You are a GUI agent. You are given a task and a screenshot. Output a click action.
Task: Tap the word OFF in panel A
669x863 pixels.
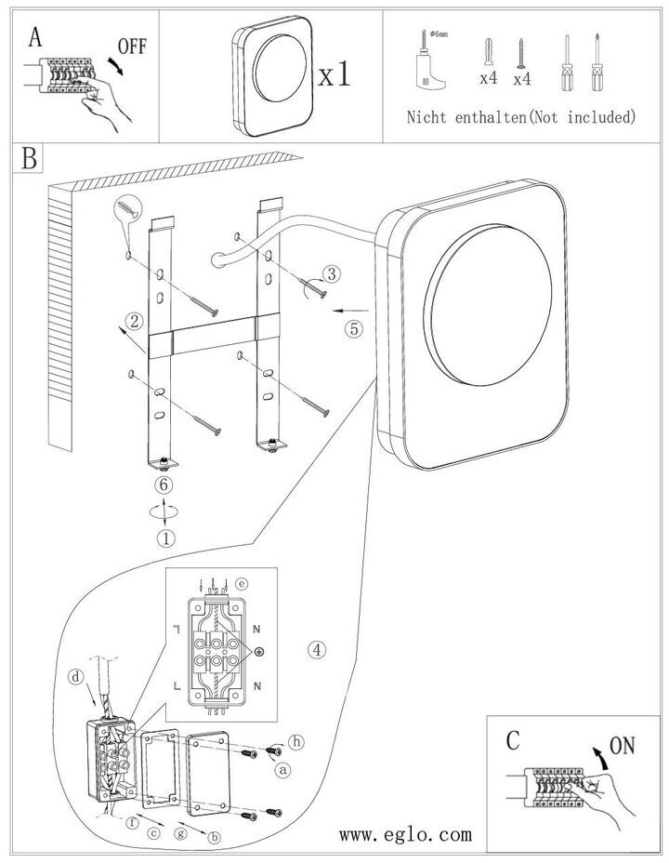[131, 46]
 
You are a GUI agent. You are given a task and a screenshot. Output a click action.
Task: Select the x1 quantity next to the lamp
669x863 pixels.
[334, 74]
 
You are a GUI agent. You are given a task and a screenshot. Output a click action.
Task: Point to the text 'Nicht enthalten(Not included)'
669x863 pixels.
[521, 117]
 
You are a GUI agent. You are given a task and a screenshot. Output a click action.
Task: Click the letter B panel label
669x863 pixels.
[30, 159]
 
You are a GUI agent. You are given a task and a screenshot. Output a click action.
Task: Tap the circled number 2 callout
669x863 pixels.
[136, 323]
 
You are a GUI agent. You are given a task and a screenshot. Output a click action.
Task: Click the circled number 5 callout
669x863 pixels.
[354, 327]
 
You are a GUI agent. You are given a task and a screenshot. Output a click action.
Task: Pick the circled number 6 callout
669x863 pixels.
[164, 485]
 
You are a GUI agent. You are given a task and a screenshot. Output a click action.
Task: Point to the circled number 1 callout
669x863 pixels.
[165, 537]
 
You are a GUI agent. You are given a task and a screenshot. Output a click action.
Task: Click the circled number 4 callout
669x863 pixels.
[319, 648]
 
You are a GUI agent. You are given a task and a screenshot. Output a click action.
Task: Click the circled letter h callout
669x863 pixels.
[296, 742]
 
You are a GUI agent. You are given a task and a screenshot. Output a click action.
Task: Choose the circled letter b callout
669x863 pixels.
[216, 837]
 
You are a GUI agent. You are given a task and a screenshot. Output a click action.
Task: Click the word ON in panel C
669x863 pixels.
[623, 746]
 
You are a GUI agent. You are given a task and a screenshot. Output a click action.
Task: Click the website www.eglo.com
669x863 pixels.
[405, 834]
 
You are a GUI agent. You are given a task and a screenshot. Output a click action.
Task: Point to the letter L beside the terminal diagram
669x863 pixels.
[176, 684]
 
